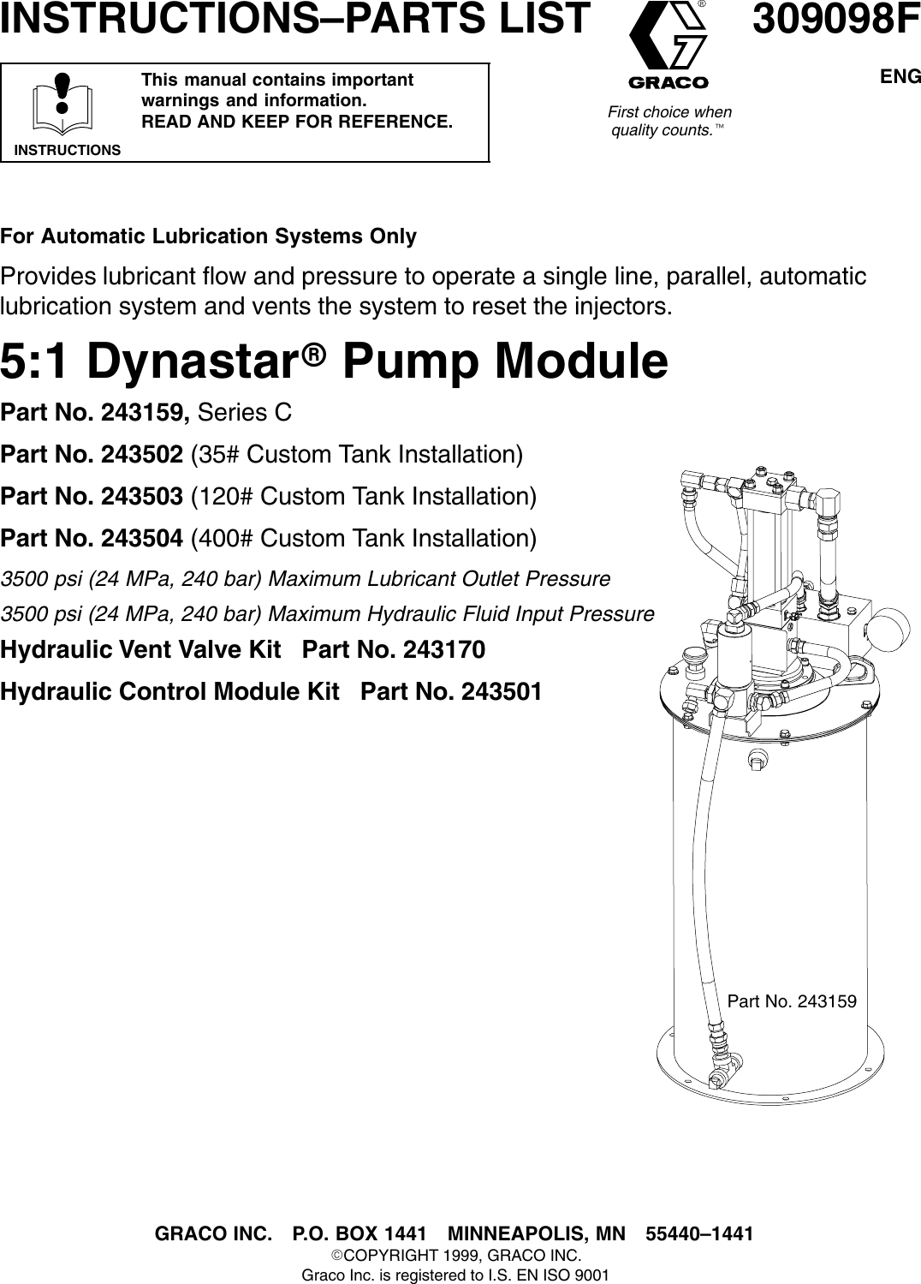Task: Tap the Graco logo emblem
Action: [x=668, y=44]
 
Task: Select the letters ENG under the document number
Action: [x=900, y=77]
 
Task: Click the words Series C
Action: [x=245, y=413]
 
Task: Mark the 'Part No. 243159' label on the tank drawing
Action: [x=792, y=1001]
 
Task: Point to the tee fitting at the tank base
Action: [x=720, y=1082]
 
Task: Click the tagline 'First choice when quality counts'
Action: [x=668, y=122]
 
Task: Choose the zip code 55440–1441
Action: [x=699, y=1234]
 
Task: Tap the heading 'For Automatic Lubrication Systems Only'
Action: [x=208, y=236]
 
